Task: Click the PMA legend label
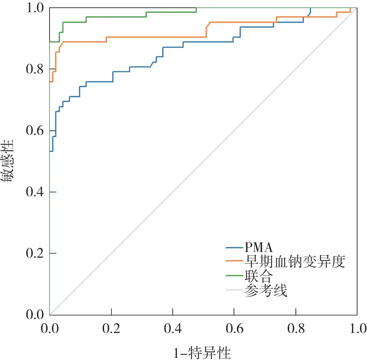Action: point(259,248)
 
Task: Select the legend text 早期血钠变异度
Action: point(295,262)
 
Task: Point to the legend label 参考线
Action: point(266,290)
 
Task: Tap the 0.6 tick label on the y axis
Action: point(35,131)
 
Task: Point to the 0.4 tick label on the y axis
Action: point(35,192)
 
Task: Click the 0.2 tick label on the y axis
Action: point(35,253)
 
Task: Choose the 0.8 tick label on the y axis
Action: point(35,69)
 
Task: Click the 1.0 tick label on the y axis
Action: point(35,8)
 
